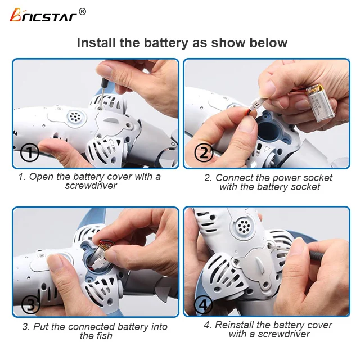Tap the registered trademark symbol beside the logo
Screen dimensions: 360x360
[82, 11]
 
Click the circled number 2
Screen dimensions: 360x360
[202, 153]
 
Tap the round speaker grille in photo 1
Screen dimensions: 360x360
[74, 117]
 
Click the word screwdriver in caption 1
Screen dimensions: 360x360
[91, 186]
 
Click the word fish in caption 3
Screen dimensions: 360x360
[103, 336]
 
